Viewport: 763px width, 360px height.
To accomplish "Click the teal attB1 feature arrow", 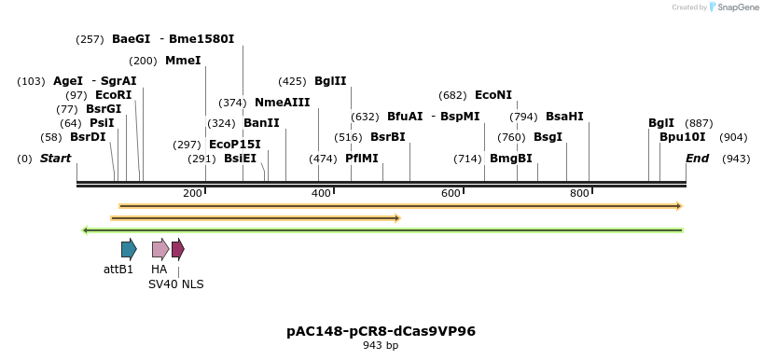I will (x=129, y=249).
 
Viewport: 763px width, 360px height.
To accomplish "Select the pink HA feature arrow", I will (x=160, y=249).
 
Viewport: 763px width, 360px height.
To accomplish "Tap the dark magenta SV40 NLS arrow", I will (x=178, y=249).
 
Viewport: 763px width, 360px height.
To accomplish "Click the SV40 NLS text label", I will (x=175, y=284).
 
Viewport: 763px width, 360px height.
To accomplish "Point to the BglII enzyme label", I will (x=330, y=81).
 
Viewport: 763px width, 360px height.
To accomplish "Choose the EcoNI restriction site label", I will (x=493, y=95).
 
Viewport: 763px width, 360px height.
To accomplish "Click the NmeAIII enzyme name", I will (x=282, y=103).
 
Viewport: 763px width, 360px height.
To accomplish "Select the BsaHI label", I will (x=564, y=117).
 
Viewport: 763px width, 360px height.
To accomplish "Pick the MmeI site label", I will (x=183, y=61).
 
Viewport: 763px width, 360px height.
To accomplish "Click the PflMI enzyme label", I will (x=362, y=159).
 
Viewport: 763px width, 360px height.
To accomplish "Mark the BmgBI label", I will (x=511, y=159).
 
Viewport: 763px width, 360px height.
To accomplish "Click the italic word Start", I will (x=55, y=159).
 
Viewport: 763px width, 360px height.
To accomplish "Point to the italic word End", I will (x=698, y=159).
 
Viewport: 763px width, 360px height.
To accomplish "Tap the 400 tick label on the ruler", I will (x=322, y=193).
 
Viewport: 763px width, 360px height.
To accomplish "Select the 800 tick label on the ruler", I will (x=579, y=193).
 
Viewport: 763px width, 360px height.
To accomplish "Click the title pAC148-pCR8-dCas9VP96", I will (x=381, y=331).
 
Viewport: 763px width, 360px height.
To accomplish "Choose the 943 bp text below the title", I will (x=381, y=346).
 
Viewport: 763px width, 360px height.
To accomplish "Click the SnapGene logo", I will (x=731, y=7).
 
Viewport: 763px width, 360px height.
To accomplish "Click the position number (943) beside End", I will (x=736, y=159).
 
